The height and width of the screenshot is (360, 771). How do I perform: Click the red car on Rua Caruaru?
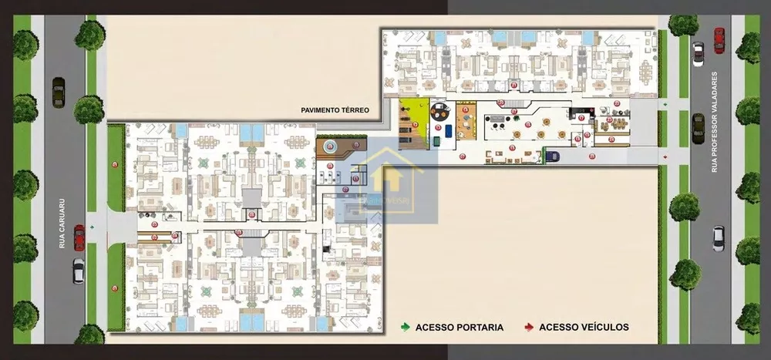click(x=79, y=237)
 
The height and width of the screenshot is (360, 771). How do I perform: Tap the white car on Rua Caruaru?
click(x=79, y=270)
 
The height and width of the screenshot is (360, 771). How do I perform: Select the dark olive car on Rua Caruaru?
click(x=59, y=92)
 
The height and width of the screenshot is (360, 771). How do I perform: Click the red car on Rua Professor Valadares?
click(x=719, y=40)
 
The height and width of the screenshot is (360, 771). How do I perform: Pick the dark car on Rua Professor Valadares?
click(x=698, y=128)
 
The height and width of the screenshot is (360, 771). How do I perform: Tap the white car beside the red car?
click(x=699, y=53)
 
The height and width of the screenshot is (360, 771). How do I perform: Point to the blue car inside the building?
click(x=552, y=156)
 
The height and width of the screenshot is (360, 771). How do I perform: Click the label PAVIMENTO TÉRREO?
click(x=335, y=110)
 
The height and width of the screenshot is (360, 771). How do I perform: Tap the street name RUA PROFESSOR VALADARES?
click(x=715, y=122)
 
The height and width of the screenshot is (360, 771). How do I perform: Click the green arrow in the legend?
click(x=406, y=327)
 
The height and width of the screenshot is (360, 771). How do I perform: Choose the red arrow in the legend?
click(x=529, y=327)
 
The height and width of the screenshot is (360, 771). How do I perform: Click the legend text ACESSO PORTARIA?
click(x=459, y=327)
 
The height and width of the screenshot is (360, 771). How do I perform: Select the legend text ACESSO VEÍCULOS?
click(x=584, y=327)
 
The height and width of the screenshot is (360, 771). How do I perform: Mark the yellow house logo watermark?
click(x=386, y=179)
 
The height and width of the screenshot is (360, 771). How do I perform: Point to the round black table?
click(x=439, y=112)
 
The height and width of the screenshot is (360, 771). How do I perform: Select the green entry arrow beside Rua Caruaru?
click(x=93, y=227)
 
